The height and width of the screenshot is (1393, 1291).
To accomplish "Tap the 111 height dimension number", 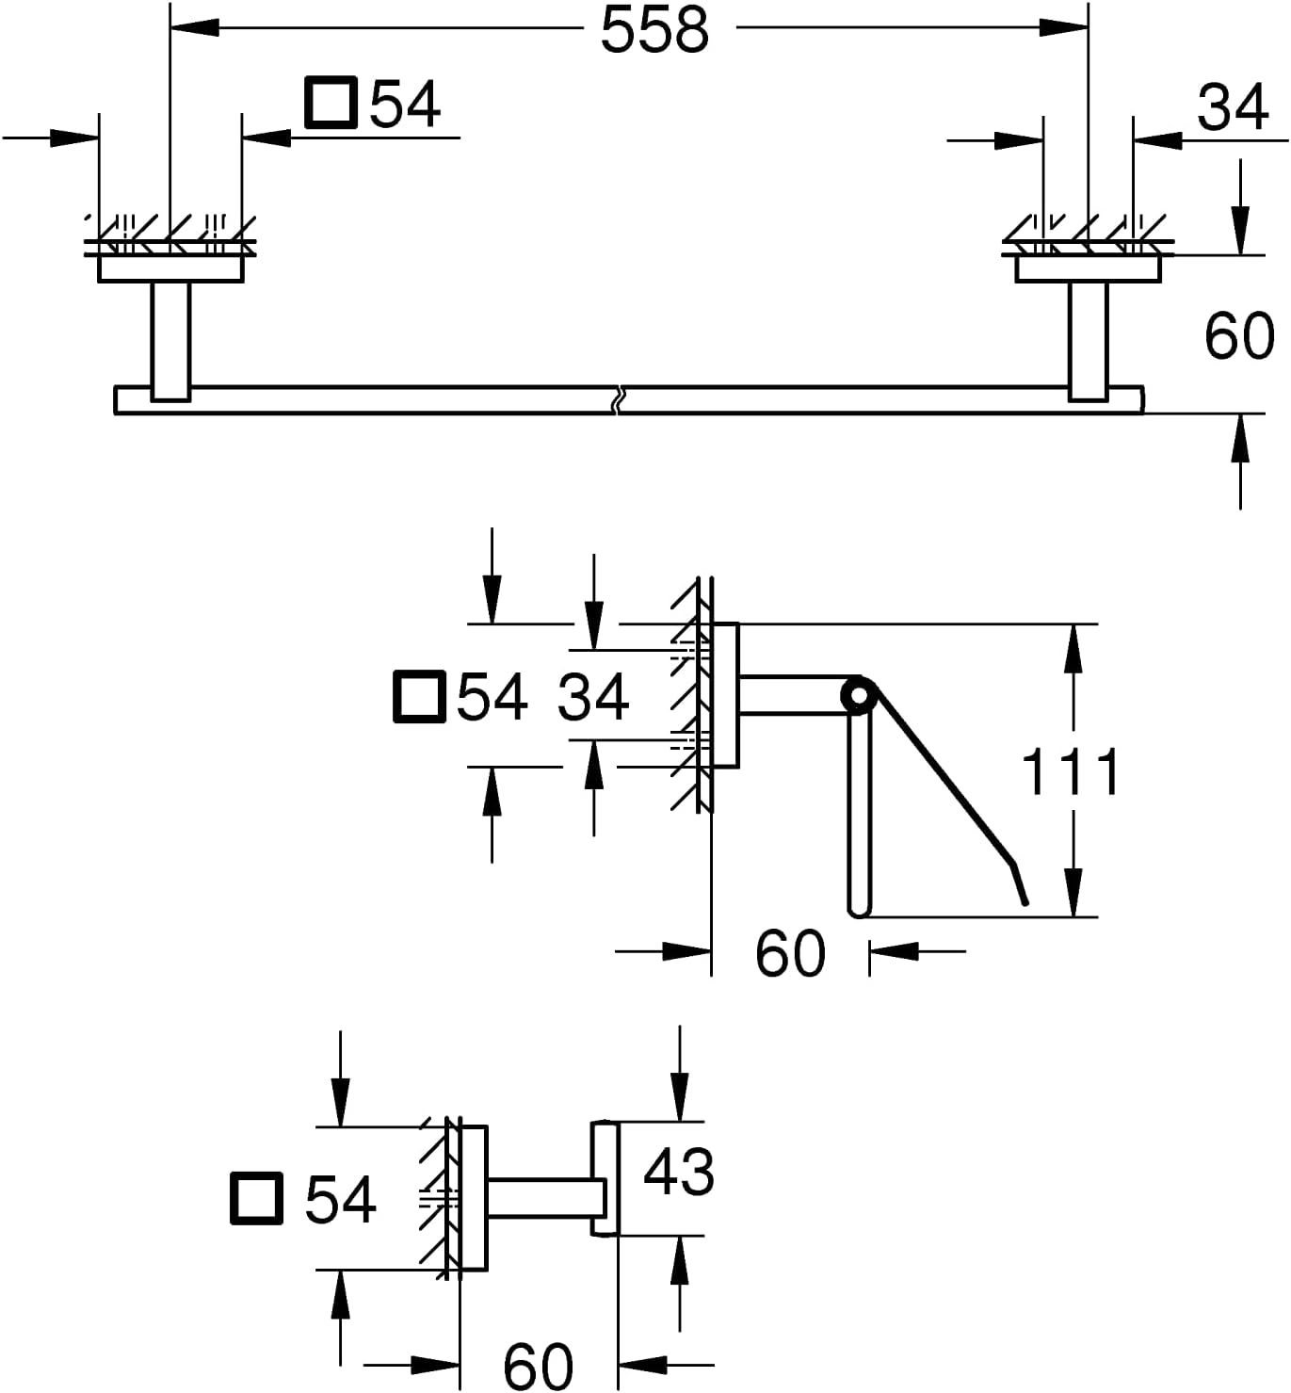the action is [x=1071, y=770].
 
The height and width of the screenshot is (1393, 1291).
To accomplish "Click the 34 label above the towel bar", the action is [x=1233, y=107].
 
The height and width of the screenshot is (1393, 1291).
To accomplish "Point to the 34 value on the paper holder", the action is [x=593, y=697].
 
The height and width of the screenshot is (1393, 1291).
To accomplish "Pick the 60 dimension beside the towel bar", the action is [x=1239, y=336].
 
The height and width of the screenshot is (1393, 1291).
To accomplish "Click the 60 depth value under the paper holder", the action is [x=790, y=953].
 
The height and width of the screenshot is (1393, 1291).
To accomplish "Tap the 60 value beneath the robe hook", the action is [x=538, y=1366].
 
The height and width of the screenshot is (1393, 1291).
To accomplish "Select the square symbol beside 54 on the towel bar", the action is [x=331, y=103].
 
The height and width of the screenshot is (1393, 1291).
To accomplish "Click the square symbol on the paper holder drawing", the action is [x=419, y=697].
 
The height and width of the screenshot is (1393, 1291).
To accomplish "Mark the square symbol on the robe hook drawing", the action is [x=257, y=1199].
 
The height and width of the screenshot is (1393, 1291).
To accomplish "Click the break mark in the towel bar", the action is [x=617, y=399].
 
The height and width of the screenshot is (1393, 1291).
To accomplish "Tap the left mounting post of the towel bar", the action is [x=170, y=342].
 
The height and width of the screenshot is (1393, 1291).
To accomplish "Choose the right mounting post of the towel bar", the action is [x=1089, y=342].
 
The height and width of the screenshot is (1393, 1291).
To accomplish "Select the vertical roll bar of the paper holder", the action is [x=859, y=815].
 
